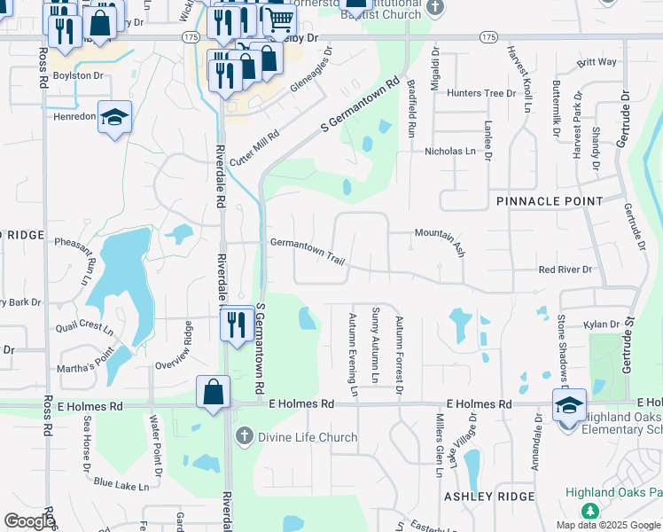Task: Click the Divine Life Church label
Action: coord(307,437)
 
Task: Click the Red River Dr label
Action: coord(565,269)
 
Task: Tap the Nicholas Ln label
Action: coord(450,152)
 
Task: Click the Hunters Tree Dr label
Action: coord(481,93)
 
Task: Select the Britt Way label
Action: coord(597,63)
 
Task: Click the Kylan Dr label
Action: coord(601,325)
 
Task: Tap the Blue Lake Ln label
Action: coord(121,485)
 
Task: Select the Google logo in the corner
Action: coord(29,520)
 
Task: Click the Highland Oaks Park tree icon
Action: coord(589,512)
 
